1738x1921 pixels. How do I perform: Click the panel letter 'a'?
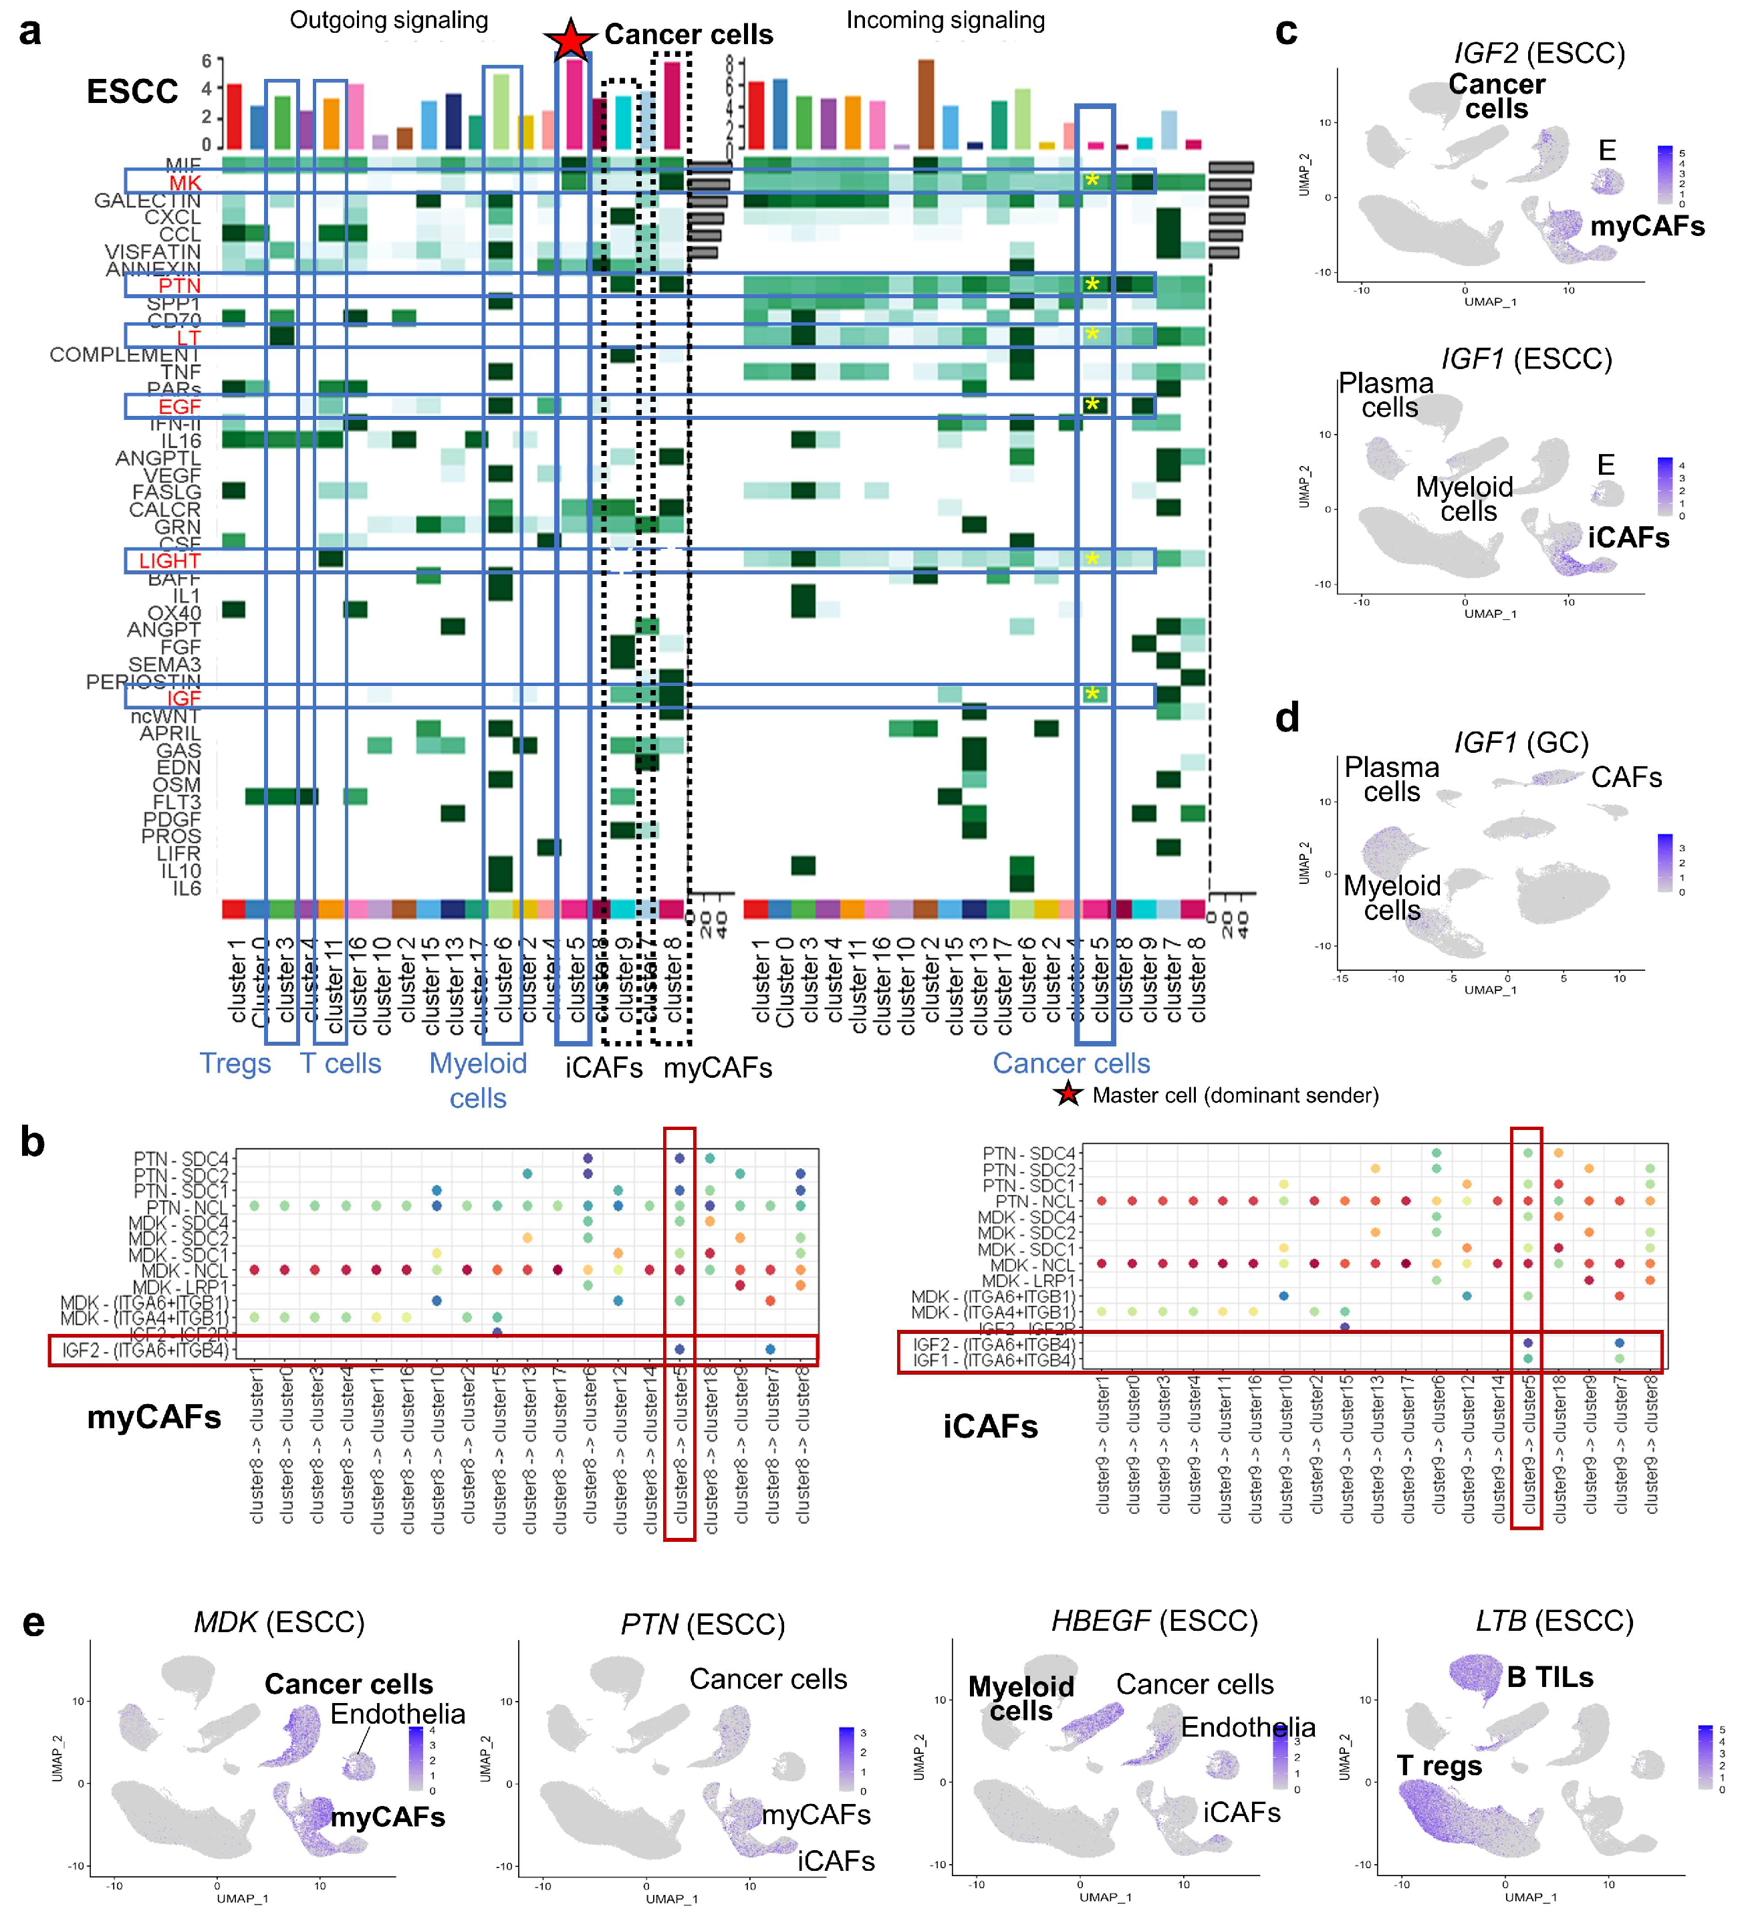[x=31, y=32]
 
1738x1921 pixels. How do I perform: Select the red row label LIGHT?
[x=170, y=560]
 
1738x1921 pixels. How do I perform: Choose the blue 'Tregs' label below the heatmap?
[x=235, y=1063]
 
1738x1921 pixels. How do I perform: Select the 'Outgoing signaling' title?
[x=389, y=20]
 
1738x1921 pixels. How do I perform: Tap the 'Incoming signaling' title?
[x=945, y=20]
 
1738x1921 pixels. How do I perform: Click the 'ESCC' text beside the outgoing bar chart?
[x=132, y=92]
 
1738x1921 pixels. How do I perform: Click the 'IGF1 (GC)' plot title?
[x=1521, y=742]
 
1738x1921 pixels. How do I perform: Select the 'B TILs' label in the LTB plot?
[x=1549, y=1677]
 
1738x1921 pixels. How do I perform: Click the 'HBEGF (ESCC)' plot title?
[x=1154, y=1621]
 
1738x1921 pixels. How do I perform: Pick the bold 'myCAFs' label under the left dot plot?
[x=154, y=1417]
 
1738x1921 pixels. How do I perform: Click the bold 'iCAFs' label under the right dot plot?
[x=990, y=1426]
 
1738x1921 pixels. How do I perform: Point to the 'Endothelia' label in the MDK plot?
[x=397, y=1714]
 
